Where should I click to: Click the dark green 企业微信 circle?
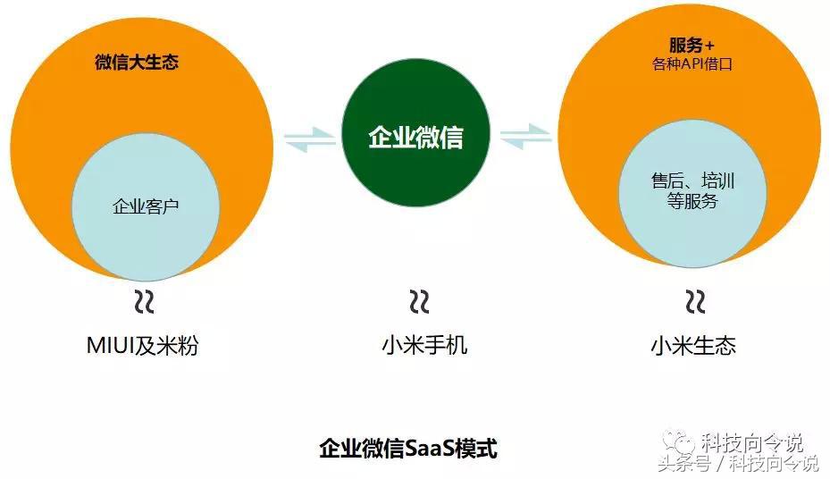click(x=415, y=133)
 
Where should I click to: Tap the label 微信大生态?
click(x=137, y=62)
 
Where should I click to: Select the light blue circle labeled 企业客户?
click(x=146, y=206)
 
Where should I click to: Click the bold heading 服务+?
click(x=692, y=45)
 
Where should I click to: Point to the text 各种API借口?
click(x=692, y=64)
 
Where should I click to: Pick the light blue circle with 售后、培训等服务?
click(x=692, y=193)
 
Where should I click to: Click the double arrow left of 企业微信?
click(x=310, y=139)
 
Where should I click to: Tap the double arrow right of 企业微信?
click(x=525, y=136)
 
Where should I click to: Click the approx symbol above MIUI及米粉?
click(x=144, y=302)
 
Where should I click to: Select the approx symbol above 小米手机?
click(x=419, y=302)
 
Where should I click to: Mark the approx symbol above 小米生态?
click(x=696, y=302)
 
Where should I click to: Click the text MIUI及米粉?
click(x=142, y=346)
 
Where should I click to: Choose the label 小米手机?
click(x=424, y=346)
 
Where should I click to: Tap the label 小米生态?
click(x=693, y=346)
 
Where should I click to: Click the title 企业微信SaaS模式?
click(x=408, y=449)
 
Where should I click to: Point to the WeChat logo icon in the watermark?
click(x=680, y=441)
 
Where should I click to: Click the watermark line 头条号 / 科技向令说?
click(x=739, y=464)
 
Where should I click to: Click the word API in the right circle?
click(x=692, y=64)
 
